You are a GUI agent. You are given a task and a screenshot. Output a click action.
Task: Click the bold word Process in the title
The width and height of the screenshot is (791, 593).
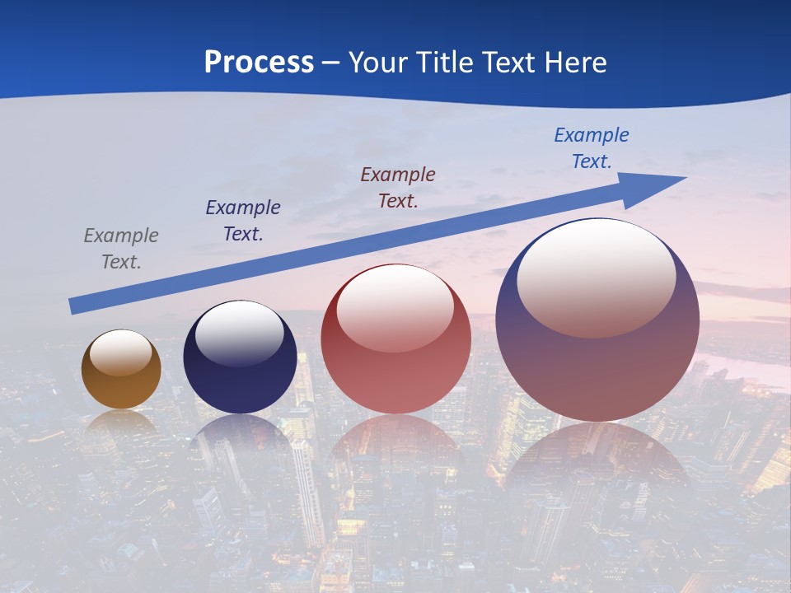(x=259, y=62)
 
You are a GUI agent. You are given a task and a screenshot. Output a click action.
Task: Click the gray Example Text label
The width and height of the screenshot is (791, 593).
(x=120, y=249)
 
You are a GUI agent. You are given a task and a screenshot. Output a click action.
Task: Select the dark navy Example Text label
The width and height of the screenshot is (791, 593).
(x=242, y=221)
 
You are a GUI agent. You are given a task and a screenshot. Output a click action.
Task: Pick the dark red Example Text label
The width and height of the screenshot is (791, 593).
(x=397, y=188)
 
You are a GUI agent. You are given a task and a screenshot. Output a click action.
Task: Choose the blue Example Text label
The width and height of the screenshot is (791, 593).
(x=591, y=148)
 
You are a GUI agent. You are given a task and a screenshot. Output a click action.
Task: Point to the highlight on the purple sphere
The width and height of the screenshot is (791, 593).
(x=596, y=278)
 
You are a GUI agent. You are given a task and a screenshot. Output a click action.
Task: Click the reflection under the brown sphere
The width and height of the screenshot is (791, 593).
(x=121, y=424)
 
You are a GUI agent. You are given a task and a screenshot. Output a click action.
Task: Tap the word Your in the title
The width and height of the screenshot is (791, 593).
(x=377, y=62)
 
